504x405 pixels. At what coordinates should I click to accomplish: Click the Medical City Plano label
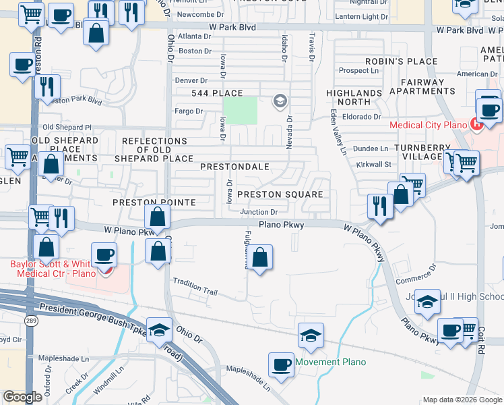(x=428, y=125)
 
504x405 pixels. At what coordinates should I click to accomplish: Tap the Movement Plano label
(x=330, y=362)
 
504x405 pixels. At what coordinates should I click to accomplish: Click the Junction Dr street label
(x=259, y=212)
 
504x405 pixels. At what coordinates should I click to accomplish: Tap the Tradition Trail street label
(x=195, y=287)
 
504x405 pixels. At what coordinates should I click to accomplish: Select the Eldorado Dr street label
(x=361, y=117)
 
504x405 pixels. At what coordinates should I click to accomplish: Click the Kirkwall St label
(x=374, y=164)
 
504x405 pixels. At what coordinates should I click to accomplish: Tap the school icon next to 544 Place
(x=280, y=102)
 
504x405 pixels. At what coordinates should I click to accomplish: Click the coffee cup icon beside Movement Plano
(x=280, y=364)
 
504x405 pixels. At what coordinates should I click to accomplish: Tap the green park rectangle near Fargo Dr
(x=240, y=110)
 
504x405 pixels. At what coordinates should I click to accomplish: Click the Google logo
(x=22, y=397)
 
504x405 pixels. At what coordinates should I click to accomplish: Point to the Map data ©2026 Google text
(x=462, y=399)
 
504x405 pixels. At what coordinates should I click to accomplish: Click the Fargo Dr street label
(x=189, y=111)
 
